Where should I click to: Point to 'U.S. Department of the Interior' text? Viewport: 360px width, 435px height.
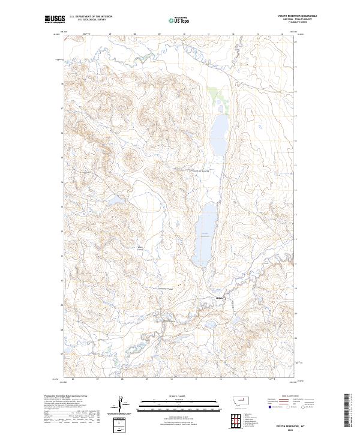point(91,16)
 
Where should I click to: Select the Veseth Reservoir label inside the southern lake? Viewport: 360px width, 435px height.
point(204,234)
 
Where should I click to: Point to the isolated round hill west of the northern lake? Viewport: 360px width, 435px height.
point(129,158)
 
